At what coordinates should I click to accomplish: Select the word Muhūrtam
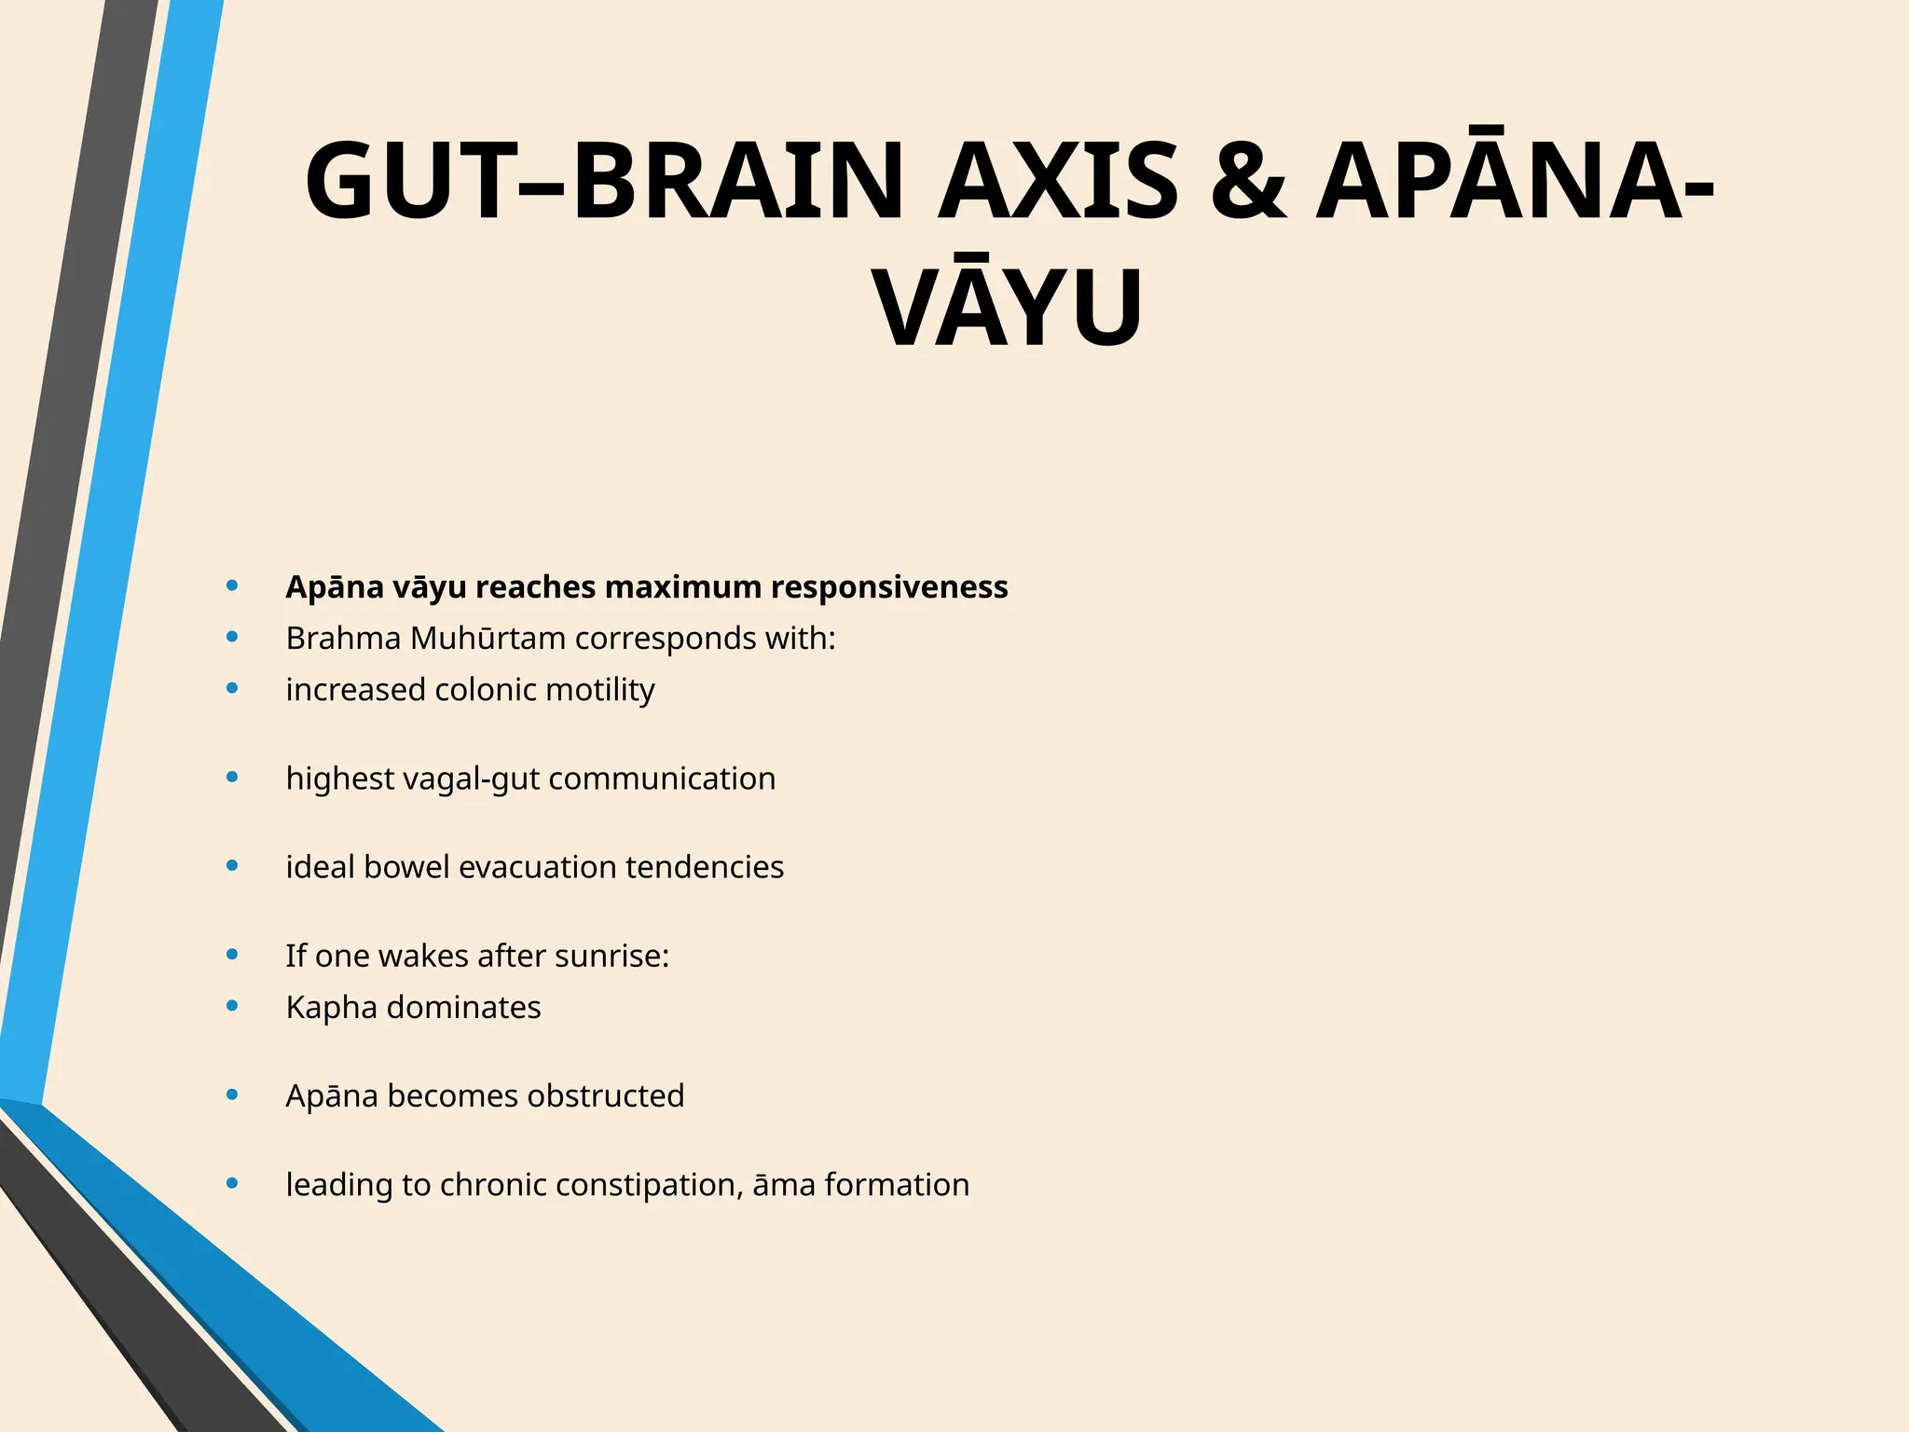coord(488,639)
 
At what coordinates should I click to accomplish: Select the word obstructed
coord(605,1095)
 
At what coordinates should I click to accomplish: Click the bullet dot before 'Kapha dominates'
coord(232,1006)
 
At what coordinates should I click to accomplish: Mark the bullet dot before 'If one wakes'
coord(232,955)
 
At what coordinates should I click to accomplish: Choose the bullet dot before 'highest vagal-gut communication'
coord(232,777)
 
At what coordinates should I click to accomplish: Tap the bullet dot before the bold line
coord(232,585)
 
